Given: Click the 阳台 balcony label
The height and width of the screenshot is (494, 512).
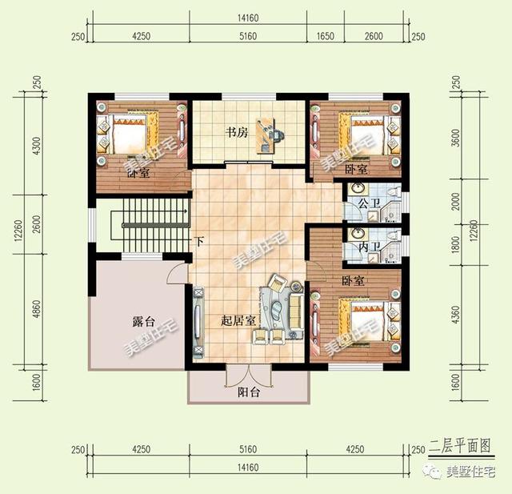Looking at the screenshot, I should (249, 392).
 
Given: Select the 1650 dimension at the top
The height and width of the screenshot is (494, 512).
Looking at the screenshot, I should (326, 36).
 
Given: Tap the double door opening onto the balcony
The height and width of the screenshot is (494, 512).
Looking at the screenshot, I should (249, 372).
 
